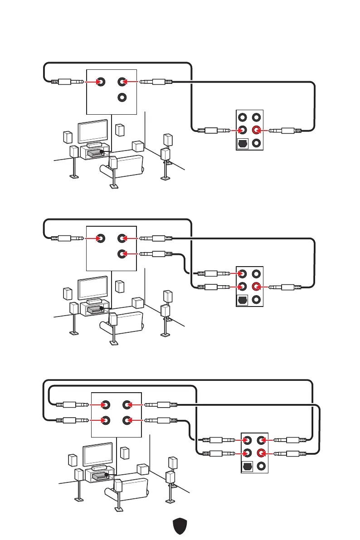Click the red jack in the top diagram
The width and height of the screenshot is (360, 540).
pyautogui.click(x=257, y=131)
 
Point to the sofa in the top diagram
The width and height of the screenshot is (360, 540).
pyautogui.click(x=122, y=166)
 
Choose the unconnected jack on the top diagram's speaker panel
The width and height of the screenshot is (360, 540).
pyautogui.click(x=122, y=97)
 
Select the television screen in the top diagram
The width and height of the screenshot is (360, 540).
pyautogui.click(x=93, y=131)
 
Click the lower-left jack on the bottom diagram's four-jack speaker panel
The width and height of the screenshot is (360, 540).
pyautogui.click(x=106, y=420)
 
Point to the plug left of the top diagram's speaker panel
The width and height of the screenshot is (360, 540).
pyautogui.click(x=68, y=82)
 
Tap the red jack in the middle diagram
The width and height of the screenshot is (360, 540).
pyautogui.click(x=257, y=287)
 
